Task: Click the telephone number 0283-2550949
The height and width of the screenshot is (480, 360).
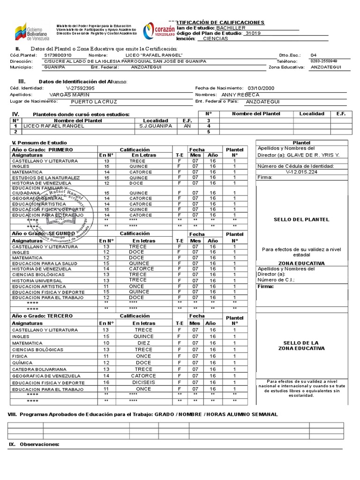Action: point(323,61)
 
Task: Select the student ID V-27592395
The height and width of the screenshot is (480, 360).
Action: point(81,88)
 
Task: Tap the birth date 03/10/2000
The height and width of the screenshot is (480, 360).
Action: point(261,88)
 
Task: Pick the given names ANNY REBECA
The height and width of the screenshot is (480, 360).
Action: point(240,95)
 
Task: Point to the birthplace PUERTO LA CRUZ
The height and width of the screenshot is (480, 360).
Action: point(94,101)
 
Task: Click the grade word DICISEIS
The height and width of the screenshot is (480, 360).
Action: point(143,382)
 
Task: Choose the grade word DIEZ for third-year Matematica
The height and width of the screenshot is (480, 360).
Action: point(143,343)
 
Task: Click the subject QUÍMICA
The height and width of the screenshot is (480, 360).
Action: point(22,363)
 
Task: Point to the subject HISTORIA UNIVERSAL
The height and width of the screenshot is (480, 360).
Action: point(37,280)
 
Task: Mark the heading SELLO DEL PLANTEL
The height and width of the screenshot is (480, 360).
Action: point(301,219)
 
